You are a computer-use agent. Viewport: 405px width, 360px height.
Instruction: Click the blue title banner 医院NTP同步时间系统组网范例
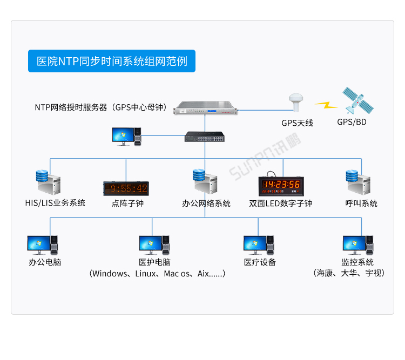point(111,61)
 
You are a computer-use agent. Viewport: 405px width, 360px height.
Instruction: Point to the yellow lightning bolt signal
point(326,104)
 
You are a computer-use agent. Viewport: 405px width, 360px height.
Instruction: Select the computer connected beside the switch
point(126,137)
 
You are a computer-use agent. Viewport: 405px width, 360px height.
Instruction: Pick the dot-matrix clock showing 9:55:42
point(126,188)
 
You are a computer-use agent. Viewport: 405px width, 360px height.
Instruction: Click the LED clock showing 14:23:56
point(281,185)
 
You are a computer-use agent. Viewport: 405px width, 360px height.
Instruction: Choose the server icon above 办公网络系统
point(205,182)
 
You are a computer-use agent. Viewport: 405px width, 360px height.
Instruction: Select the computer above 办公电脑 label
point(43,245)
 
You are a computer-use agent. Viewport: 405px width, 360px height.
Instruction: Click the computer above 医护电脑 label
point(154,245)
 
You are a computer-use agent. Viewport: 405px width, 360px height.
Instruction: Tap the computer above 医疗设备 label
point(258,245)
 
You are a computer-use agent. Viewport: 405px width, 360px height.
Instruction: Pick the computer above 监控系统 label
point(358,245)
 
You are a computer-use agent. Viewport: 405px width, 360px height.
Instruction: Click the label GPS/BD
point(352,122)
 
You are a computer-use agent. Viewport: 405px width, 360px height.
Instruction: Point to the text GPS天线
point(297,123)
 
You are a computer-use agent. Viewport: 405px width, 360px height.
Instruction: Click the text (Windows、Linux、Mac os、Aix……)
point(157,274)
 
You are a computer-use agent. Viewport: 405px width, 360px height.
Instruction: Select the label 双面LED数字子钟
point(280,203)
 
